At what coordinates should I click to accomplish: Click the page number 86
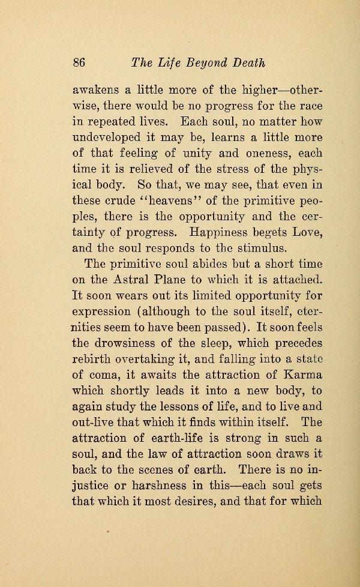point(80,63)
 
